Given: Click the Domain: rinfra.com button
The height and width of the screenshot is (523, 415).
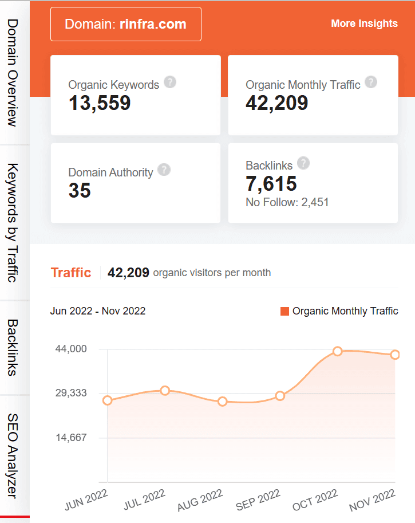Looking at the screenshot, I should (125, 24).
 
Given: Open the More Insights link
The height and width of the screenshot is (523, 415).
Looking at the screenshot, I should (364, 23).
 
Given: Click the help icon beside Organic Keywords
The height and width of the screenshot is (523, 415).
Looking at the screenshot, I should (170, 82).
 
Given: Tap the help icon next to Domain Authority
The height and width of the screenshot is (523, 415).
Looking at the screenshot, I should (164, 170).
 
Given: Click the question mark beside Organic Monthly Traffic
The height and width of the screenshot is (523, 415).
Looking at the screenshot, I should (371, 82).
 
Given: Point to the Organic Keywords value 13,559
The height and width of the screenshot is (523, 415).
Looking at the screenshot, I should (100, 103).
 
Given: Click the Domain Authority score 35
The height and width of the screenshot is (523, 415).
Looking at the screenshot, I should (80, 191).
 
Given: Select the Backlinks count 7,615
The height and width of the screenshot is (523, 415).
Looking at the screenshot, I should (271, 184).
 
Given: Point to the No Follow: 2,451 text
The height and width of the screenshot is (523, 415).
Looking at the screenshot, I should (287, 202).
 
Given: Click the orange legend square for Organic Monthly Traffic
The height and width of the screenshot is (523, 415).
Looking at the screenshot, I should (284, 311).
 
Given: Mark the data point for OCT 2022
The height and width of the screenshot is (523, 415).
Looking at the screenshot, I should (338, 351).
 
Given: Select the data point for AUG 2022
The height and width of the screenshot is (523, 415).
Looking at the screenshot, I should (223, 402).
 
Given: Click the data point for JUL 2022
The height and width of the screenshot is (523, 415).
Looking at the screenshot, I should (165, 391).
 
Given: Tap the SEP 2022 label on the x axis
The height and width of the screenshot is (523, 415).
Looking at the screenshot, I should (258, 500).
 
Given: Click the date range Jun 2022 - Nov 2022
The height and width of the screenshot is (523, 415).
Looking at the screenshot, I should (98, 311).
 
